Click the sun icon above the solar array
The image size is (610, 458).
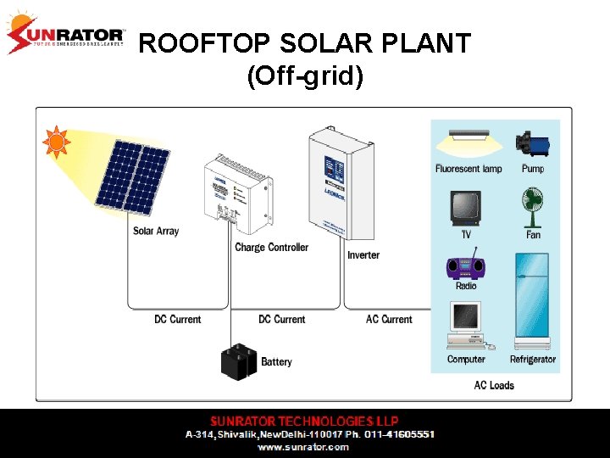tap(56, 142)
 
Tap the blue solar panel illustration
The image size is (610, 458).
tap(132, 176)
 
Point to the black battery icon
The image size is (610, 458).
tap(238, 361)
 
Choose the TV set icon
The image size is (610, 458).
tap(465, 208)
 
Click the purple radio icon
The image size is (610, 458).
tap(466, 265)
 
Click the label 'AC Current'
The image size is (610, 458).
tap(389, 320)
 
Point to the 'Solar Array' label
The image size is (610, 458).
tap(156, 231)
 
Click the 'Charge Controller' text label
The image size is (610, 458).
tap(271, 248)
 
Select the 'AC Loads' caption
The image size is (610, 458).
tap(494, 385)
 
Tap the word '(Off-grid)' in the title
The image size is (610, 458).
tap(305, 77)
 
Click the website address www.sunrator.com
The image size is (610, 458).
tap(303, 446)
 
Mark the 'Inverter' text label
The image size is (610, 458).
tap(363, 255)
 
